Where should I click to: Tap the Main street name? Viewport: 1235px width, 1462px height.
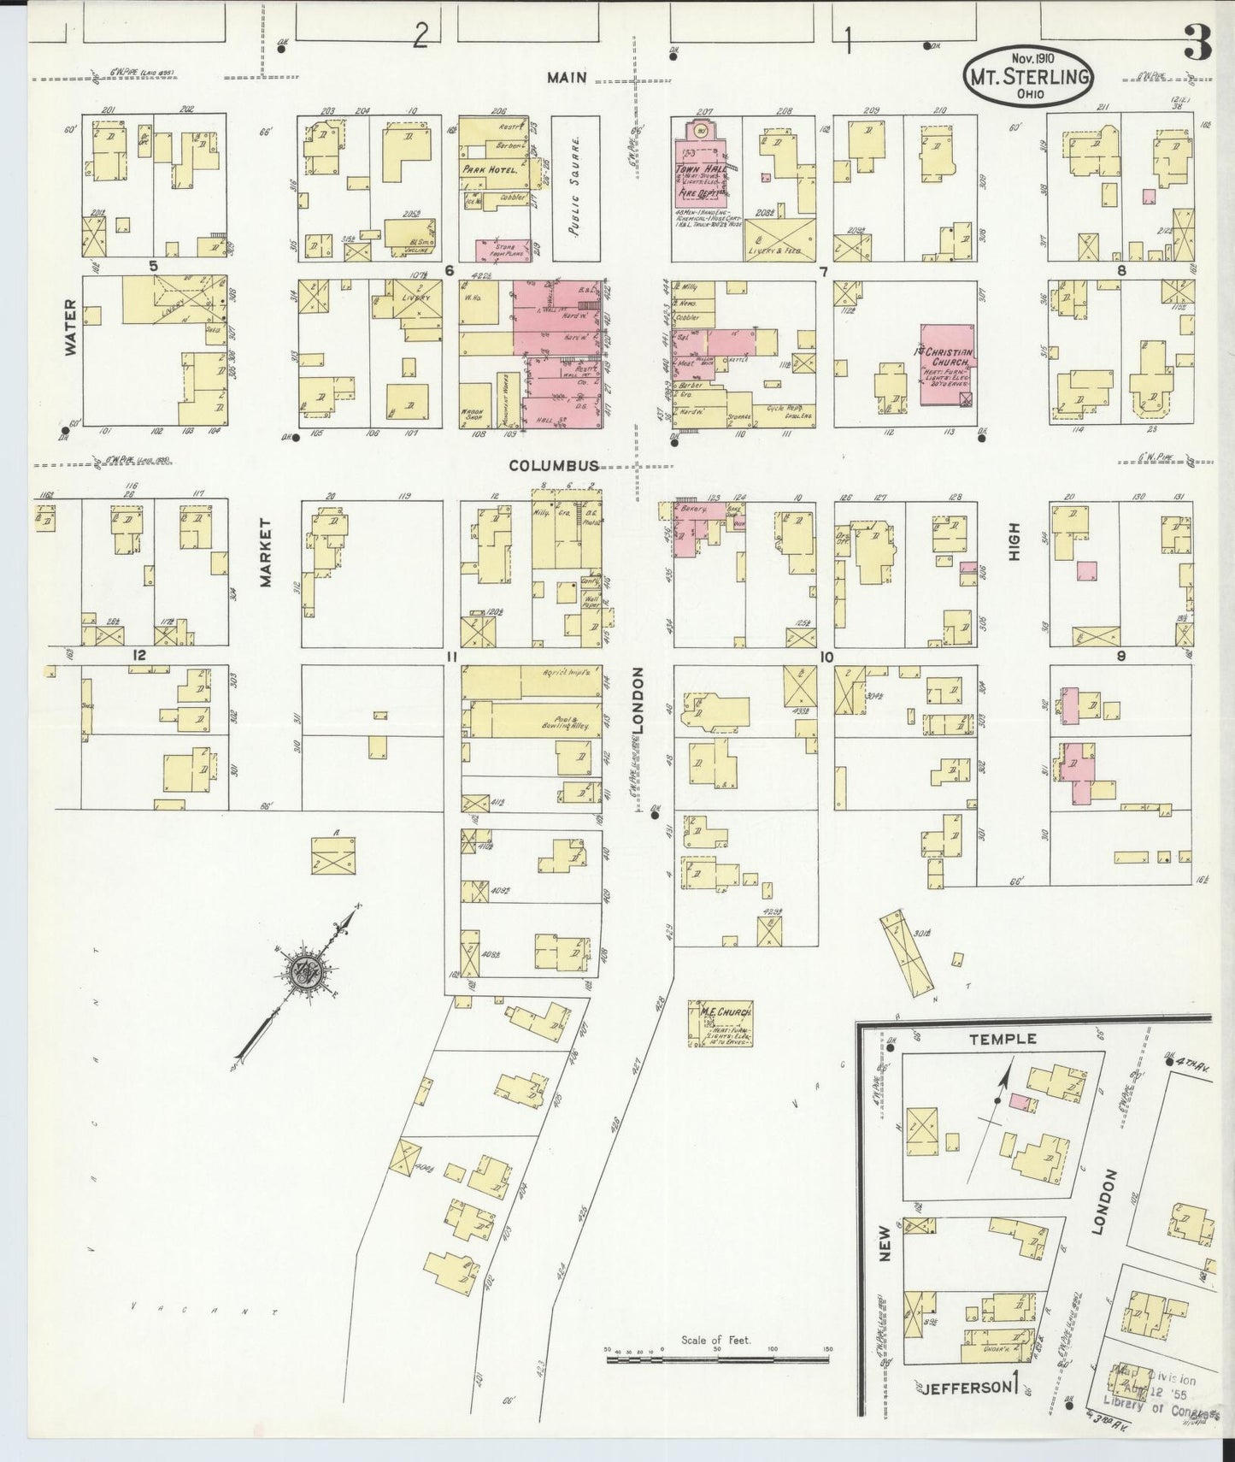pyautogui.click(x=568, y=78)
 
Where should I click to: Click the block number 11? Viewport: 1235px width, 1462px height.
pyautogui.click(x=452, y=657)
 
